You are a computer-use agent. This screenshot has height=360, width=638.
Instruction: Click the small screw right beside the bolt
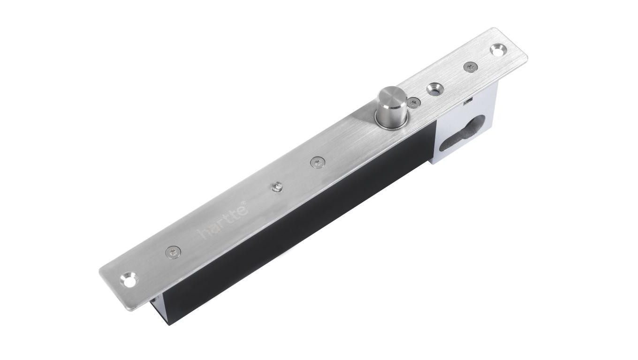point(413,102)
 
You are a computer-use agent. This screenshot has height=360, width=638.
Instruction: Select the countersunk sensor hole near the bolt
point(433,88)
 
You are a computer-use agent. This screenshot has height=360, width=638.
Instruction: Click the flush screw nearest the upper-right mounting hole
point(470,67)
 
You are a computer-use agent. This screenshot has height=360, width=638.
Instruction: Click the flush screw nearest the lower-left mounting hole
point(172,252)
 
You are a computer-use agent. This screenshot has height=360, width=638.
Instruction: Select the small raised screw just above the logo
point(276,187)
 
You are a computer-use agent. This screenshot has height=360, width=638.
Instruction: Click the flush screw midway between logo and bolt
point(317,162)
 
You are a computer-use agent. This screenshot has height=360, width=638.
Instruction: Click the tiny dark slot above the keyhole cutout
point(467,101)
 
